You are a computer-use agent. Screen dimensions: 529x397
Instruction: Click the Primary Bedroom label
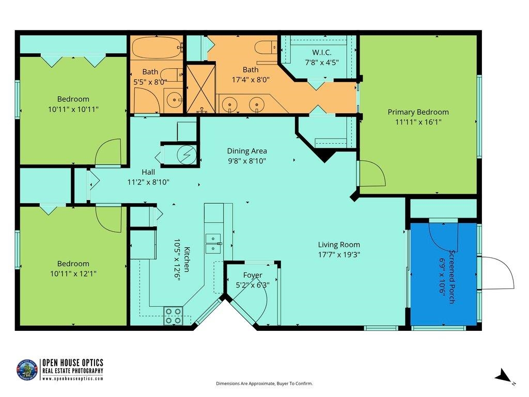tap(418, 112)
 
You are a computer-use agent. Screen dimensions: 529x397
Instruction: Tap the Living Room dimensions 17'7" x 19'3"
tap(339, 254)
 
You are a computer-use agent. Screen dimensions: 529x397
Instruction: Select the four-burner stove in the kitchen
tap(174, 316)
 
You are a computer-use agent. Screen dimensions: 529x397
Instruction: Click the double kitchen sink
tap(213, 243)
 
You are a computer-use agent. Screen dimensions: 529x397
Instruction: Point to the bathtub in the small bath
tap(157, 48)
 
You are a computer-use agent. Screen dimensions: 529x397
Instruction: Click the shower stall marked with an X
tap(201, 89)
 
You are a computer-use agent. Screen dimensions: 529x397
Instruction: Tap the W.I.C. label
tap(321, 52)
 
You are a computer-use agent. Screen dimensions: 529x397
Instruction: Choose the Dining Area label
tap(247, 151)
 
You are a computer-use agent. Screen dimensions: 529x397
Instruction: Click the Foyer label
tap(253, 275)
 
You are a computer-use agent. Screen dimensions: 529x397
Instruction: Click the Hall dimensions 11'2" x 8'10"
tap(148, 182)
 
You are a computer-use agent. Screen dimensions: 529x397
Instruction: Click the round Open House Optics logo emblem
tap(27, 370)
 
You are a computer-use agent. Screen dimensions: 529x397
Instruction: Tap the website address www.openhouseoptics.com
tap(72, 379)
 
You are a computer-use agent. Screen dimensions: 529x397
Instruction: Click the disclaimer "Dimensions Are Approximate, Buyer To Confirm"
tap(264, 384)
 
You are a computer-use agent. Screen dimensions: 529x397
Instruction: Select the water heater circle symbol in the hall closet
tap(187, 155)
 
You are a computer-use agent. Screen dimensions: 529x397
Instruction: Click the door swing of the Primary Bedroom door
tap(373, 173)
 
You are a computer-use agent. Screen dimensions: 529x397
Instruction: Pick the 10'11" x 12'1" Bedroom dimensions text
tap(73, 273)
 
